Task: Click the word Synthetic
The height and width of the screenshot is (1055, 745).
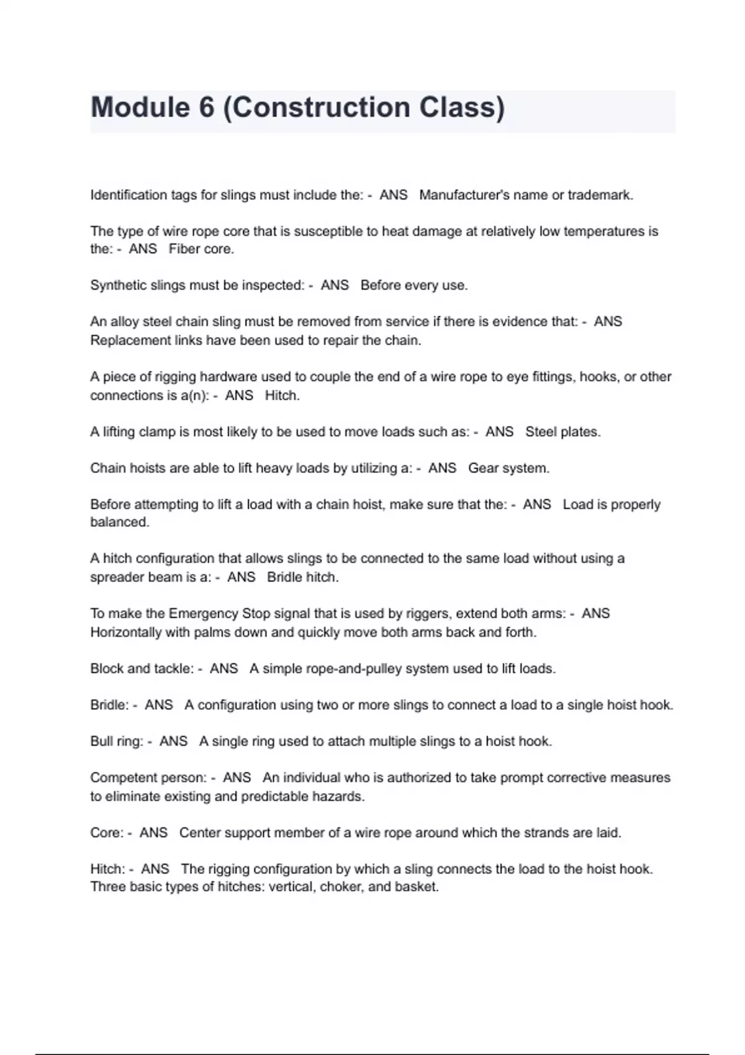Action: point(115,285)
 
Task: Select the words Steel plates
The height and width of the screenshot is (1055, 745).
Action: point(562,431)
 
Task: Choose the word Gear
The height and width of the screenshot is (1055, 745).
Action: point(482,468)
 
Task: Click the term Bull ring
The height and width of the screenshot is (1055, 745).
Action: point(117,741)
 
